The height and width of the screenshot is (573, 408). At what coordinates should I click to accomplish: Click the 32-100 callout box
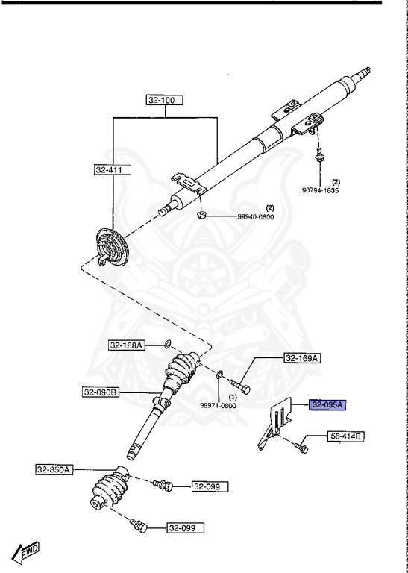coord(164,100)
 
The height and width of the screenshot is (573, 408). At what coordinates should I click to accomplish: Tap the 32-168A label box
coord(126,345)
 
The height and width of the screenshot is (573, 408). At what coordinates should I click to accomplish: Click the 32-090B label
coord(101,390)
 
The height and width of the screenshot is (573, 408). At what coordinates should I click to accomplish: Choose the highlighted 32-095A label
coord(328,405)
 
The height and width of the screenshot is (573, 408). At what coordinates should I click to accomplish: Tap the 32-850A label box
coord(54,470)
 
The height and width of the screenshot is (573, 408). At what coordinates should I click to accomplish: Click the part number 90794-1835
coord(321,190)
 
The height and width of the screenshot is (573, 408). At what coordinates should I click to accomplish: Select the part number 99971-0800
coord(218,405)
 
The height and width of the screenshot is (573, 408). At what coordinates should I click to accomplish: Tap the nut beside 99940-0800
coord(201,216)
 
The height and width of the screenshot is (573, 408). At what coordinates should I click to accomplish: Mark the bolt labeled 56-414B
coord(301,445)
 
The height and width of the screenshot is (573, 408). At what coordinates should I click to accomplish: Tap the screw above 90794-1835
coord(319,156)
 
